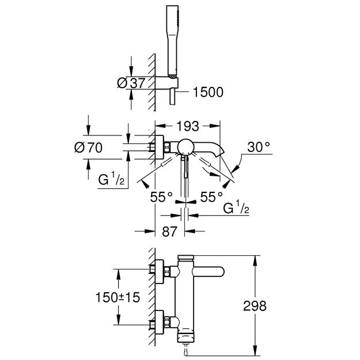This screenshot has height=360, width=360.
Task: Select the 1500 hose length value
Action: click(205, 92)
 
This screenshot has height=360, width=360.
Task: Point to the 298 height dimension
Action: click(254, 306)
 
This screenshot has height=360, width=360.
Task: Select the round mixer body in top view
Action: click(185, 147)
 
